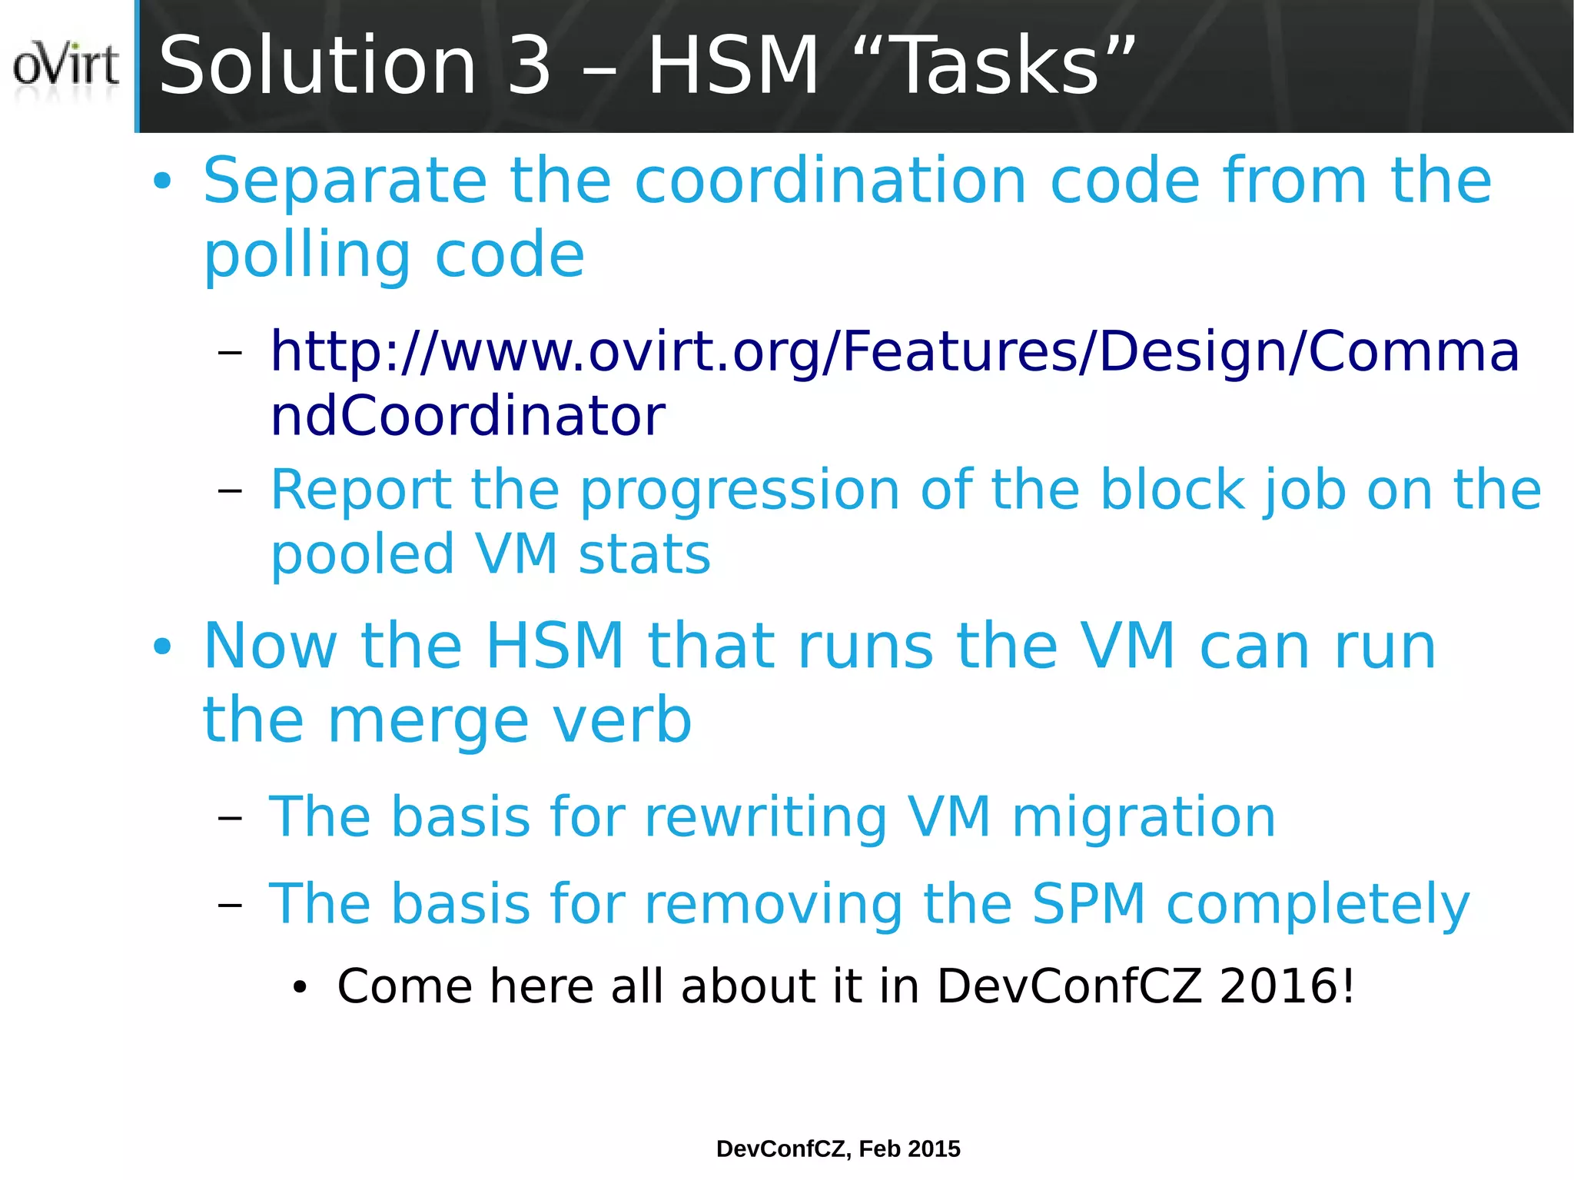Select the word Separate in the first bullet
[345, 181]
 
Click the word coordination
[831, 181]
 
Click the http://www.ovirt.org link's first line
[894, 351]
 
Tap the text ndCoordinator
[467, 416]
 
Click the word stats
[644, 555]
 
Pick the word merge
[428, 721]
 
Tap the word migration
[1144, 818]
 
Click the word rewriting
[765, 818]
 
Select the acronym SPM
[1089, 904]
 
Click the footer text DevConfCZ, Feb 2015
[838, 1148]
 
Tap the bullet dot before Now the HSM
[162, 647]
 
